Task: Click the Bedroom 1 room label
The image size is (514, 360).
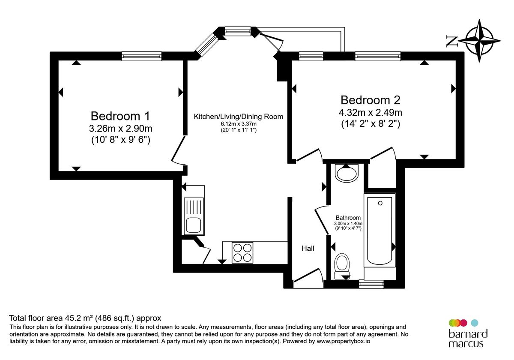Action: point(120,116)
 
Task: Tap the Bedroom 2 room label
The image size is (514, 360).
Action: point(371,100)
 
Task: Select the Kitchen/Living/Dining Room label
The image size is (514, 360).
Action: point(239,117)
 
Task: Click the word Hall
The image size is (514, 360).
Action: point(308,248)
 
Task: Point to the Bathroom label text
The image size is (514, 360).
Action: point(348,217)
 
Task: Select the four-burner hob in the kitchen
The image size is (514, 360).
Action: point(242,252)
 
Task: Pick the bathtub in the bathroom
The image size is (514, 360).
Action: point(380,231)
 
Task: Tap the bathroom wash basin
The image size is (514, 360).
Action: point(347,173)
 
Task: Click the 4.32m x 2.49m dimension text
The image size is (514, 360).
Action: point(371,113)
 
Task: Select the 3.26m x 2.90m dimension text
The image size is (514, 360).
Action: point(120,128)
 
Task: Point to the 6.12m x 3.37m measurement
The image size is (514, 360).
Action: point(239,124)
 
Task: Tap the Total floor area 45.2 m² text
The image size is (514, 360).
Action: point(85,318)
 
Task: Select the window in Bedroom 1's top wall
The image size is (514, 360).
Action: point(141,55)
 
